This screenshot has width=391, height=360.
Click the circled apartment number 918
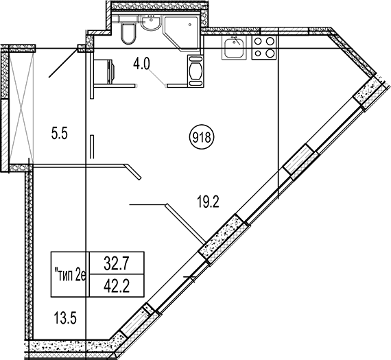click(202, 137)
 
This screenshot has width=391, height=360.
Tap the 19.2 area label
click(208, 202)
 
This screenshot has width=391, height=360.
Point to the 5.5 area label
click(60, 134)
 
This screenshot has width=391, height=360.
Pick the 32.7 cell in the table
click(117, 264)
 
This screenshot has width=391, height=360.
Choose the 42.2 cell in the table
click(117, 286)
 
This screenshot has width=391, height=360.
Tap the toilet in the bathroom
click(128, 32)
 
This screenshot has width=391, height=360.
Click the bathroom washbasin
click(150, 23)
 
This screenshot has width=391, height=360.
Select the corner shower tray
click(181, 33)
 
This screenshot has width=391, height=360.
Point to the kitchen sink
click(234, 47)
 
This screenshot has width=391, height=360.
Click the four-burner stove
click(264, 47)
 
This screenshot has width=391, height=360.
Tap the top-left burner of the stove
click(258, 41)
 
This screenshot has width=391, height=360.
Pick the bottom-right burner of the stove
click(270, 53)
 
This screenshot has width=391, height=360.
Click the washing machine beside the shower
click(195, 71)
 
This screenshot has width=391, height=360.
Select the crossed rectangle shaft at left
click(22, 105)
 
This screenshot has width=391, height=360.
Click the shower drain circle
click(190, 25)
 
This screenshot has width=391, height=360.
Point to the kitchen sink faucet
click(236, 40)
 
